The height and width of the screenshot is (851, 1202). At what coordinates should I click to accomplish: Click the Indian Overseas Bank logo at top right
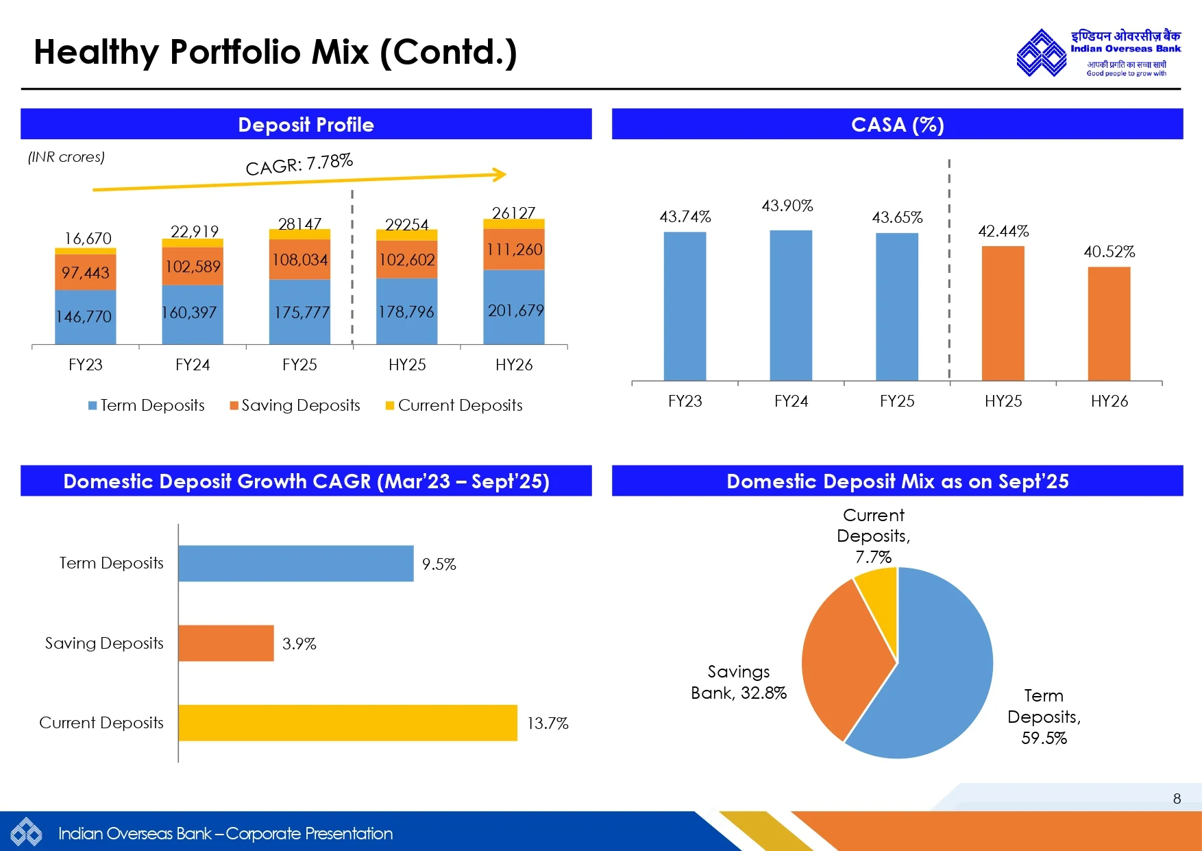(x=1099, y=52)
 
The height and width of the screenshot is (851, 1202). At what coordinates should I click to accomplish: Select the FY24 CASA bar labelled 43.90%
(x=791, y=305)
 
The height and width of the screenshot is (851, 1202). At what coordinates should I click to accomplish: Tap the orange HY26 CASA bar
(x=1109, y=323)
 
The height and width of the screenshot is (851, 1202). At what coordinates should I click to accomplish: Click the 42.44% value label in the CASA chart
(x=1003, y=231)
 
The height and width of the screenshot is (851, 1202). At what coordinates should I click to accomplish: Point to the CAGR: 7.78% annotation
(x=299, y=164)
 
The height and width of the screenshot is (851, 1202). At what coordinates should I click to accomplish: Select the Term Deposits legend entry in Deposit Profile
(x=147, y=405)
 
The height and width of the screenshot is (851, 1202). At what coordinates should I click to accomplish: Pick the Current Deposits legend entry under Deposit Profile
(x=454, y=405)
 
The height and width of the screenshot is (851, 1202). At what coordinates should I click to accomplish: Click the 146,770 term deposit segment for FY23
(x=85, y=317)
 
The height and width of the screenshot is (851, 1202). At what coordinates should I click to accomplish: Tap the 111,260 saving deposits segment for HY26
(x=514, y=250)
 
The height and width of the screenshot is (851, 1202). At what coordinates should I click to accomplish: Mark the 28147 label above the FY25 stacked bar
(x=299, y=224)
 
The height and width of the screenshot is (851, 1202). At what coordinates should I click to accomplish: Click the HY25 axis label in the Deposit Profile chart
(x=407, y=365)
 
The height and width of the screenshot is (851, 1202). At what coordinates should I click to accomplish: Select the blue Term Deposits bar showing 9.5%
(x=295, y=564)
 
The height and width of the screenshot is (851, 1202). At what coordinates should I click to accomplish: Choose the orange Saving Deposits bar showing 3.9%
(x=225, y=643)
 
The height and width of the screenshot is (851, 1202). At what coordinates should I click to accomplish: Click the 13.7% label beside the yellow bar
(x=548, y=723)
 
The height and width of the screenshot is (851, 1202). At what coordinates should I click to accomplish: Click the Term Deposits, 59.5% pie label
(x=1044, y=717)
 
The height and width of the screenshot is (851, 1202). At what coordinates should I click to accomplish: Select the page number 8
(x=1177, y=799)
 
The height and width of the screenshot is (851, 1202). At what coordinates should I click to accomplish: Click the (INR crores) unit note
(x=66, y=157)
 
